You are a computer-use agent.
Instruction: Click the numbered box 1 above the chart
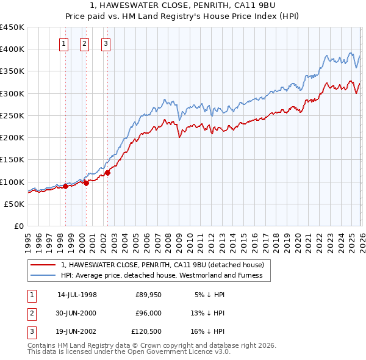pyautogui.click(x=65, y=43)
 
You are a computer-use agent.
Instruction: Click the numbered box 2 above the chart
pyautogui.click(x=85, y=43)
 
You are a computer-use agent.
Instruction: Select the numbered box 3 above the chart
pyautogui.click(x=106, y=43)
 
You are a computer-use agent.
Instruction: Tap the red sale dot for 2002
pyautogui.click(x=107, y=173)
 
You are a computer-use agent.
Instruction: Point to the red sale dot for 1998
pyautogui.click(x=65, y=186)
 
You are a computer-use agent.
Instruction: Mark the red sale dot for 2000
pyautogui.click(x=86, y=183)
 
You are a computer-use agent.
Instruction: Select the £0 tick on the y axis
pyautogui.click(x=19, y=226)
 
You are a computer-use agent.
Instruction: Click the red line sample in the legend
pyautogui.click(x=42, y=265)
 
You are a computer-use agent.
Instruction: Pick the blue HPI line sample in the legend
pyautogui.click(x=42, y=275)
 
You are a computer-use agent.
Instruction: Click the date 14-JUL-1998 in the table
pyautogui.click(x=77, y=295)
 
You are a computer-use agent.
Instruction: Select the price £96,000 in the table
pyautogui.click(x=148, y=313)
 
